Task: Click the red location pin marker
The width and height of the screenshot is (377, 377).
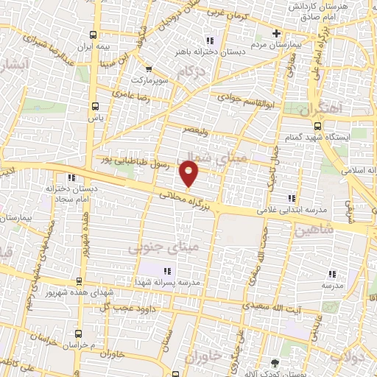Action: (x=190, y=173)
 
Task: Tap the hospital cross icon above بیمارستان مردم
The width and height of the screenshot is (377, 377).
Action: (x=276, y=33)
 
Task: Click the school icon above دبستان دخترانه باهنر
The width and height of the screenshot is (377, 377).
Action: (x=210, y=41)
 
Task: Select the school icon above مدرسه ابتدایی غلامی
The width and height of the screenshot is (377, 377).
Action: (x=292, y=197)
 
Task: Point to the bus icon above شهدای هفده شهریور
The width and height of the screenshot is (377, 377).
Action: (x=80, y=281)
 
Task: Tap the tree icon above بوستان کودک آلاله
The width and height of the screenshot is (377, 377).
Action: (x=275, y=363)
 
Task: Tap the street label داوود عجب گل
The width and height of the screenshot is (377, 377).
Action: (x=141, y=300)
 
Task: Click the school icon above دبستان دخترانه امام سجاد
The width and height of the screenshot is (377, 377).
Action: (x=71, y=177)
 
